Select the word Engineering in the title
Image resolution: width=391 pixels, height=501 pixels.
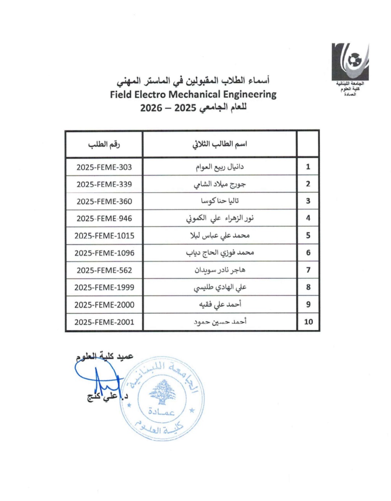[x=249, y=95]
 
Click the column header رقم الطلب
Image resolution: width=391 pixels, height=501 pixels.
[x=104, y=144]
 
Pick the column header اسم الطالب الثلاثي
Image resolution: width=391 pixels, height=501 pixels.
[x=219, y=144]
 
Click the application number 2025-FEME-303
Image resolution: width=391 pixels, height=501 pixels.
[x=104, y=167]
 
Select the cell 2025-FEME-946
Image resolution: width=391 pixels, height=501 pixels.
[x=104, y=218]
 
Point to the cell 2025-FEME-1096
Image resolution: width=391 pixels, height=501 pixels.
[x=104, y=253]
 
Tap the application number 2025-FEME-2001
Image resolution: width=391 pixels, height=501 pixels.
[x=104, y=322]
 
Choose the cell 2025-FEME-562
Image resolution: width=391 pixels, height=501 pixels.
[x=104, y=270]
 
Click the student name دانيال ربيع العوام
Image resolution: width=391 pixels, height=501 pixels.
[x=219, y=167]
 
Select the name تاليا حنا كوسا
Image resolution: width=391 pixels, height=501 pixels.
[x=219, y=201]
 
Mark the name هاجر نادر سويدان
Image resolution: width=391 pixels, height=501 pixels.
[x=219, y=270]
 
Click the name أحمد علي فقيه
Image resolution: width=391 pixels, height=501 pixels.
[x=219, y=304]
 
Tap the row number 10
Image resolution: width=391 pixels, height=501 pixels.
[x=308, y=322]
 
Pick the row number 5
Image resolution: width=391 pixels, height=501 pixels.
[x=308, y=235]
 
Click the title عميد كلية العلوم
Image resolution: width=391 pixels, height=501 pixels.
[x=105, y=356]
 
